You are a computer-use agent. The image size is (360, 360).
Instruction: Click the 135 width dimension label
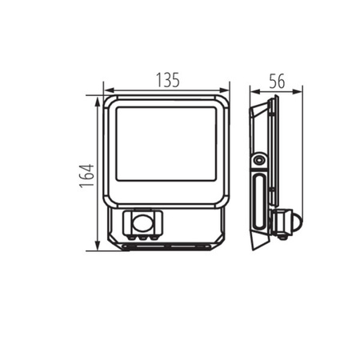(x=168, y=80)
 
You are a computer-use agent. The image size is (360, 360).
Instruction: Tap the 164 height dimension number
(x=87, y=176)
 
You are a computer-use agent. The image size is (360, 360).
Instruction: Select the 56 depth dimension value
(x=277, y=81)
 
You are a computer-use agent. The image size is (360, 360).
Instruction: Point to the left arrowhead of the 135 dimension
(x=109, y=90)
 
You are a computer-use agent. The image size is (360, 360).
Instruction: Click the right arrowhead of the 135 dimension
(x=224, y=90)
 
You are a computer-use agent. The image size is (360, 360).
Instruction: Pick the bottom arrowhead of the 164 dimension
(x=98, y=246)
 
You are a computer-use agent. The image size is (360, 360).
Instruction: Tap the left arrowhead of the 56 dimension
(x=255, y=92)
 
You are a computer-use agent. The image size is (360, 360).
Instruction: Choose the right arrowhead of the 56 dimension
(x=298, y=92)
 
